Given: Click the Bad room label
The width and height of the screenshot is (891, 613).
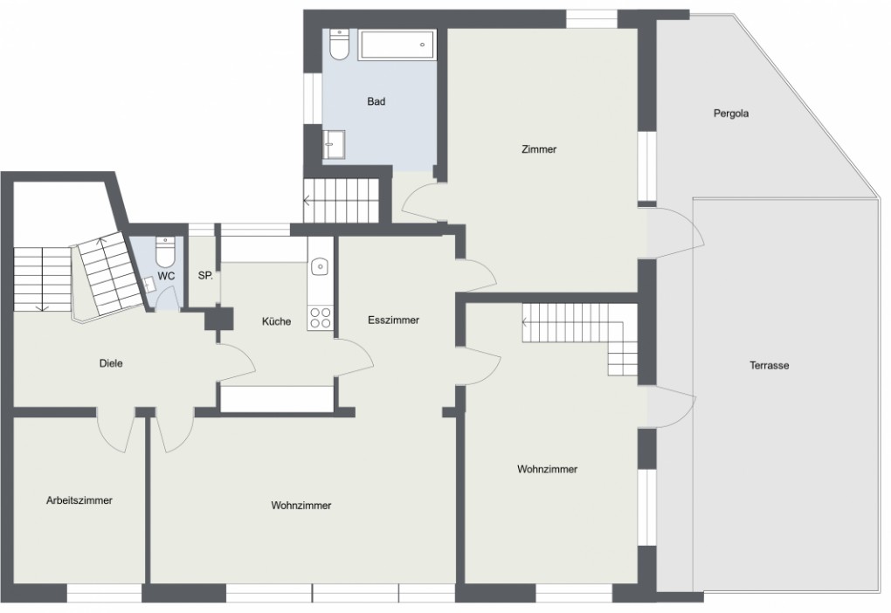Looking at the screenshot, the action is click(376, 101).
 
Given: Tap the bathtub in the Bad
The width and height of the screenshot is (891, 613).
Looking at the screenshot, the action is click(397, 45).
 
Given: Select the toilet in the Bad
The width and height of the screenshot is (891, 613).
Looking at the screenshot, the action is click(339, 45).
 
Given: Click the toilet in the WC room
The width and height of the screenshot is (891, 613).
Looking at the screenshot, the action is click(165, 252).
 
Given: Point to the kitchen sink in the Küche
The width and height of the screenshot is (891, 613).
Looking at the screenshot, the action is click(321, 265).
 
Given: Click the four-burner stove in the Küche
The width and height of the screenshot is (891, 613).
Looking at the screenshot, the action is click(320, 318).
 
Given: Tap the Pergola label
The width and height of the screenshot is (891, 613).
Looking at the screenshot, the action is click(731, 114).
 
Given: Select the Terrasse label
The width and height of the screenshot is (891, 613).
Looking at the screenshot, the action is click(769, 365).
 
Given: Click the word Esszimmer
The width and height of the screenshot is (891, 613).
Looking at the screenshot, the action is click(393, 320).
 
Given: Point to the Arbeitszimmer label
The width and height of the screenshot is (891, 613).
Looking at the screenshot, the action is click(79, 500).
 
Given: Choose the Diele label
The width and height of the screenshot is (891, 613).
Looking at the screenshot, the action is click(111, 363).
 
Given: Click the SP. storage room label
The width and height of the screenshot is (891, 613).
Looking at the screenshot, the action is click(205, 276).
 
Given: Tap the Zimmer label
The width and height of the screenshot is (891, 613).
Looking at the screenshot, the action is click(539, 149).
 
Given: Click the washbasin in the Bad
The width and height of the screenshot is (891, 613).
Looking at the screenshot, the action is click(334, 144).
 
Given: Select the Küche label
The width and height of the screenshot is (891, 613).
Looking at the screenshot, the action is click(276, 321).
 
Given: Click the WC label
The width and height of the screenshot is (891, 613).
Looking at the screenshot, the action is click(166, 277).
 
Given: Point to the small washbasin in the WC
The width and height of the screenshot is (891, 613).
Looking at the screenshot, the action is click(150, 284).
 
